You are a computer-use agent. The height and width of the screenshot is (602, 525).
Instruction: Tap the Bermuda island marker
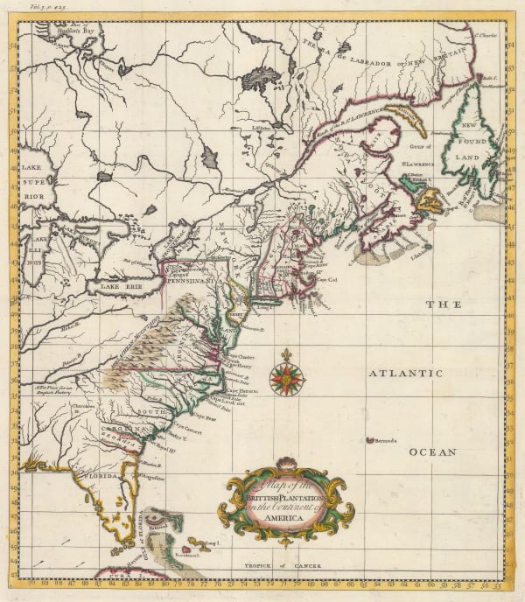coord(371,440)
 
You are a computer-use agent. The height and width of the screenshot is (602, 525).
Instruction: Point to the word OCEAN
coord(432,452)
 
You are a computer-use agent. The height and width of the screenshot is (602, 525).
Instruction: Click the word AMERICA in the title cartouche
coord(282,518)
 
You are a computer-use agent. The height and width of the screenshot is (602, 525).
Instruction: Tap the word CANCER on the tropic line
coord(302,566)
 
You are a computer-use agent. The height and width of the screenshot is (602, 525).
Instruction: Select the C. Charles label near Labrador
coord(486,37)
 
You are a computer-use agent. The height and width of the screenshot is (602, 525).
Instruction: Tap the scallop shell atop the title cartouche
coord(285,464)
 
